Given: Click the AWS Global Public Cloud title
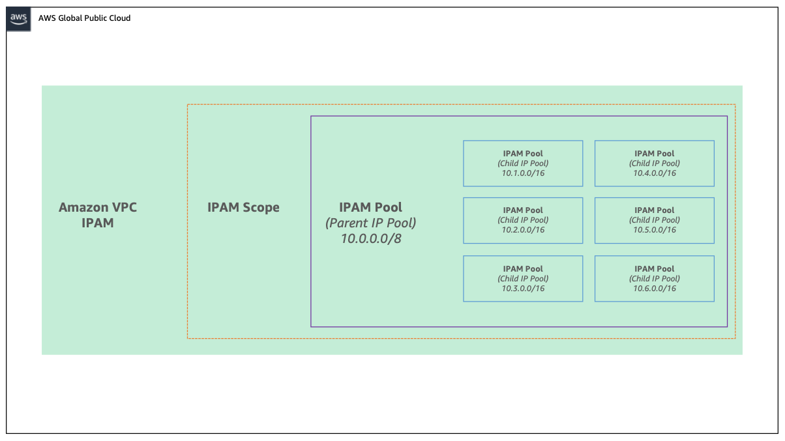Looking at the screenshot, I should (84, 18).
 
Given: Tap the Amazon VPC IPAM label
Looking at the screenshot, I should (98, 215).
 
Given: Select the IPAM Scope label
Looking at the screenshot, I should (243, 208).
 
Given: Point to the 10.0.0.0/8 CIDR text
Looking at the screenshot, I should (371, 238).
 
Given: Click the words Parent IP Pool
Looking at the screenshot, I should (371, 223).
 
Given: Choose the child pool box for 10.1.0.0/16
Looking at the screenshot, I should (523, 163).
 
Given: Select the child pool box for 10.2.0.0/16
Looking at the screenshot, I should (523, 220).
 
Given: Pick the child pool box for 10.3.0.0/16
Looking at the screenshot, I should (523, 278).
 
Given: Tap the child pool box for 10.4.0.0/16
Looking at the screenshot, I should (654, 163).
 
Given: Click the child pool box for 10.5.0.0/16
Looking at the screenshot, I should (654, 220).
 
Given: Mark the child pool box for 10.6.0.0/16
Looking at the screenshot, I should (654, 278).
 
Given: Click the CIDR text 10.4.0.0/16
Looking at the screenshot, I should (654, 173).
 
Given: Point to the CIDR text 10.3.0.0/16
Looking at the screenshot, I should (523, 289).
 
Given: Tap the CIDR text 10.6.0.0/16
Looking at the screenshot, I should (654, 289).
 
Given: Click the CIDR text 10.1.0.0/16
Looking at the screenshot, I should (523, 173).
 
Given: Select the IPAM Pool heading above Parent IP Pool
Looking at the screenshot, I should (371, 207).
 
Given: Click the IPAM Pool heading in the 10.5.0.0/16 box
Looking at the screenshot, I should (654, 210).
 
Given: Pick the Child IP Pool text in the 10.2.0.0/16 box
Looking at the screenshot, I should (523, 220).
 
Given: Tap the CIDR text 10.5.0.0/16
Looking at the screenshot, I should (654, 230).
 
